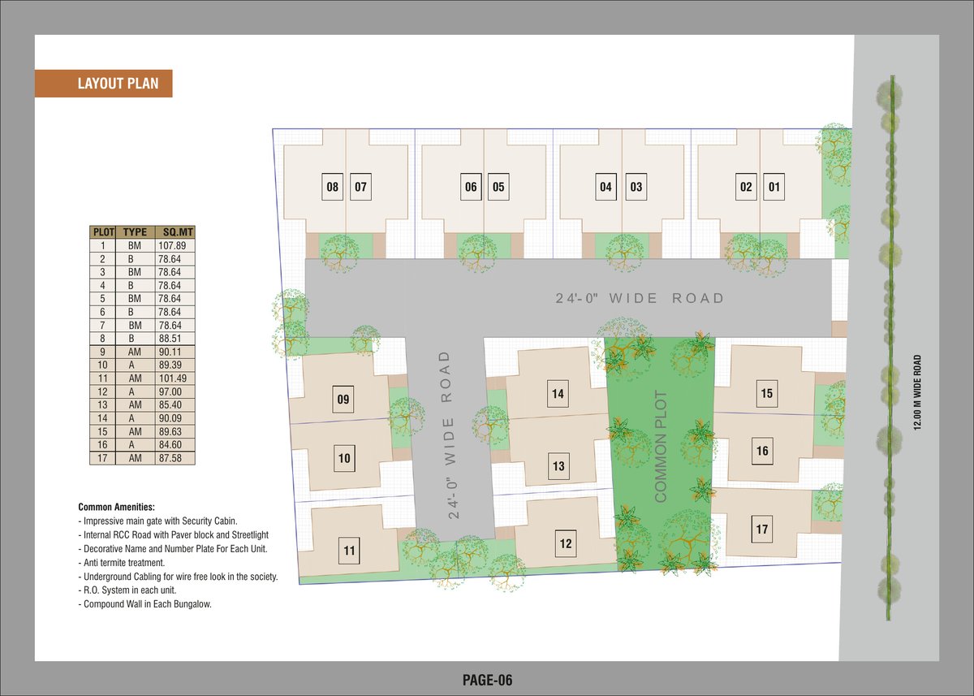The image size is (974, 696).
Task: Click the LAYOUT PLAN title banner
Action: (x=103, y=83)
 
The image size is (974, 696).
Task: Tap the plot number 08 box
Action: (x=332, y=188)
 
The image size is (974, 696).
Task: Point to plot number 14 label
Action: (x=558, y=395)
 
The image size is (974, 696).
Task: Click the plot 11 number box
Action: (x=349, y=551)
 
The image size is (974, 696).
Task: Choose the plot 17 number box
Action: (x=761, y=530)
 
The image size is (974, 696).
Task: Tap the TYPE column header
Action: (x=135, y=231)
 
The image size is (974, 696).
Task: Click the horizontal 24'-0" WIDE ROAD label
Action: (x=639, y=299)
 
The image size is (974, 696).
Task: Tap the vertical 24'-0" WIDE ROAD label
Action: (x=453, y=434)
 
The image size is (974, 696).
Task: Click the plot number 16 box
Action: (x=761, y=452)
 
